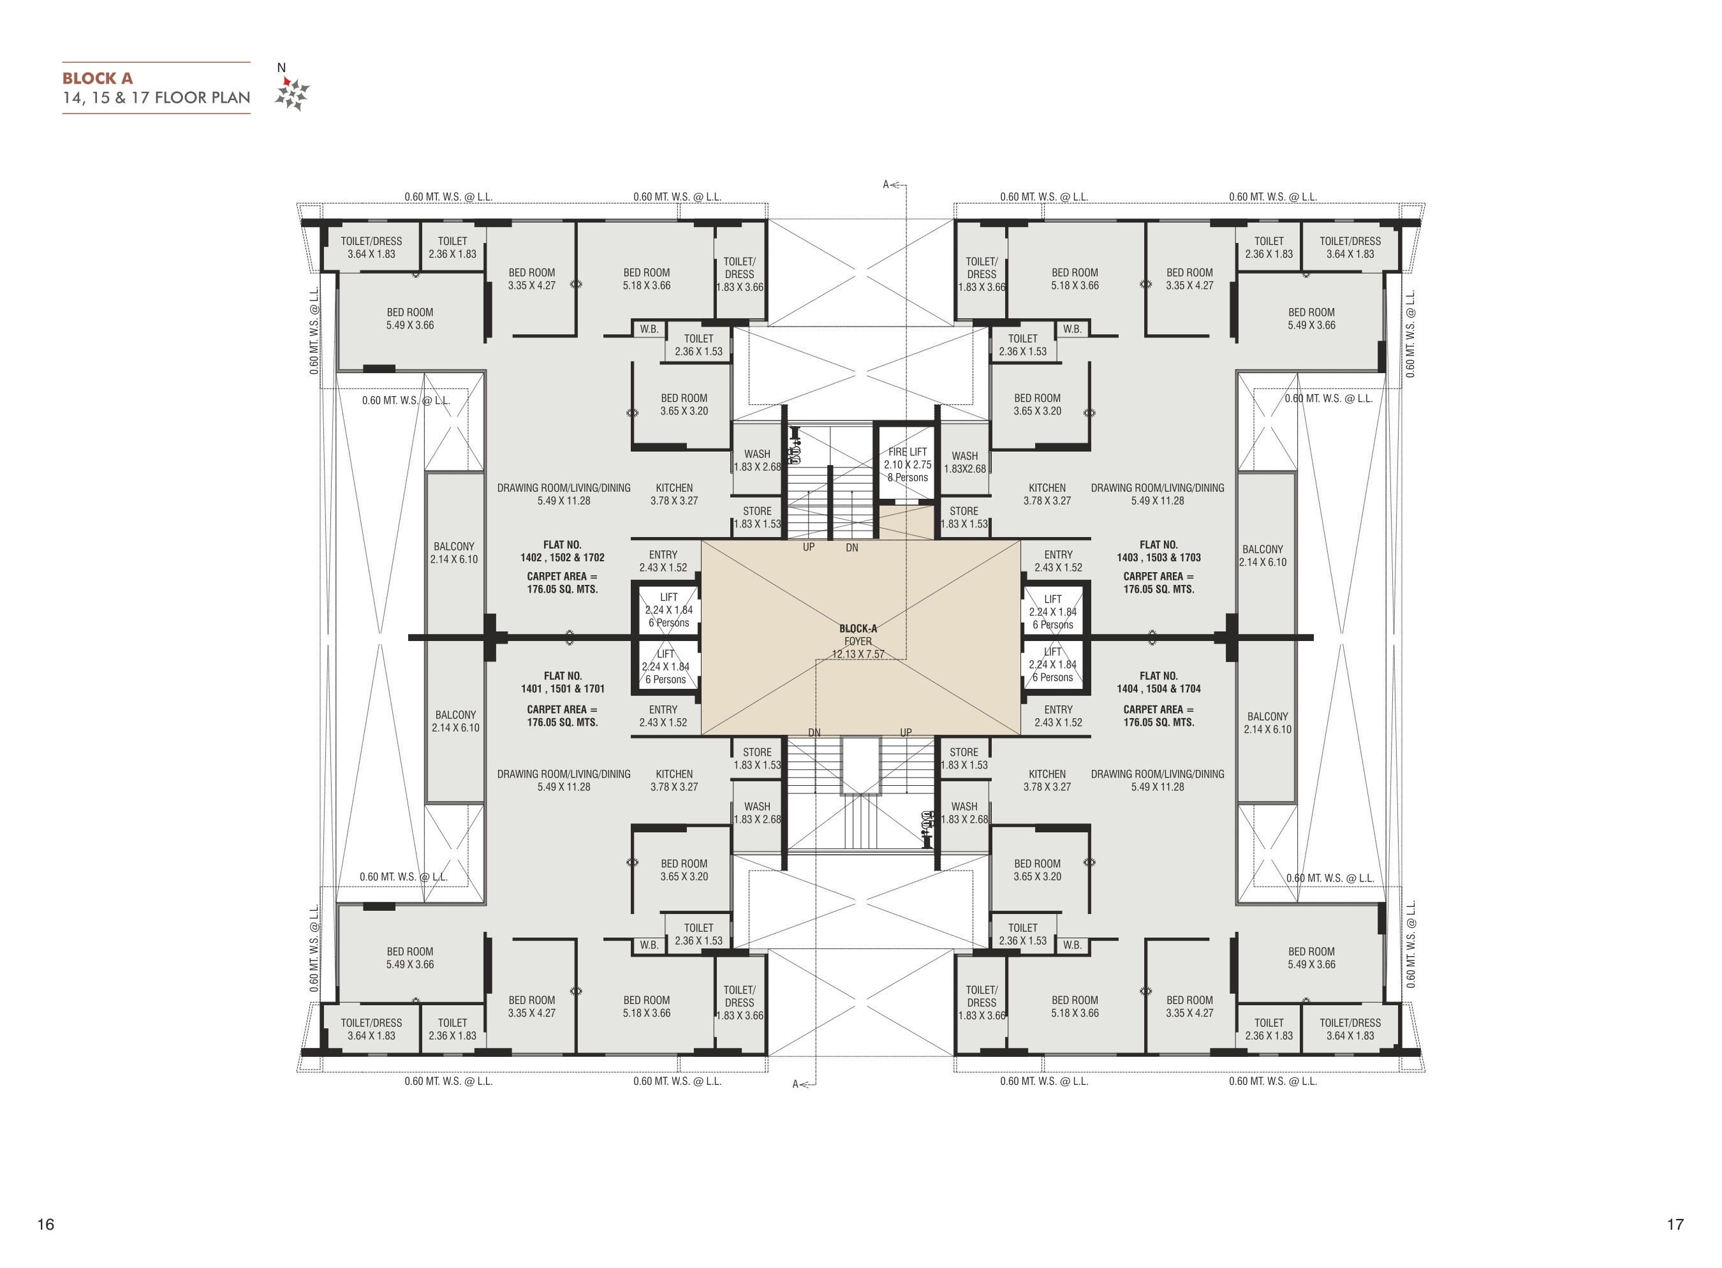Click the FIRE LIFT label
click(908, 452)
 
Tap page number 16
click(46, 1224)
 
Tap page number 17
click(1675, 1224)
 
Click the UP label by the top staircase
click(809, 547)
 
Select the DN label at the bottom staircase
click(814, 733)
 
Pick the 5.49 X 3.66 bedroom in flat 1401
click(410, 958)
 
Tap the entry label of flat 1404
click(1058, 716)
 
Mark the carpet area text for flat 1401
click(563, 716)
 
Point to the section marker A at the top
click(886, 184)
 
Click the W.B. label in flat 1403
click(1072, 328)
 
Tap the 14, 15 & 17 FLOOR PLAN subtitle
click(156, 98)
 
